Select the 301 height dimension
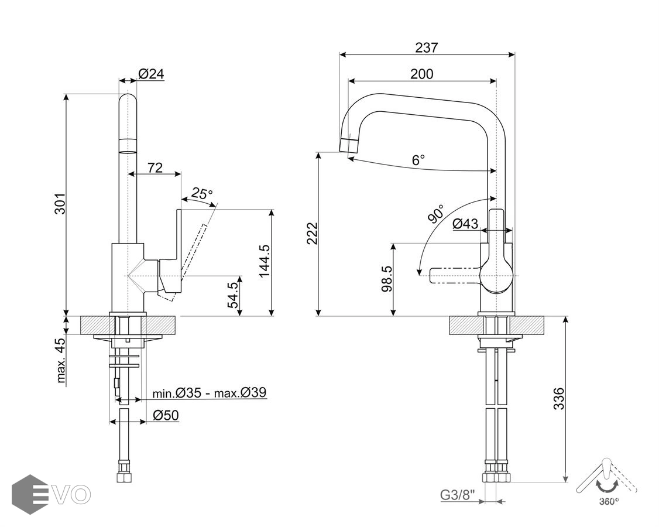point(60,203)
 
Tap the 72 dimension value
point(155,167)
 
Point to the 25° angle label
point(202,193)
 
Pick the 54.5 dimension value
point(232,295)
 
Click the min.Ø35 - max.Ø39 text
point(210,392)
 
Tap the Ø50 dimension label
point(166,415)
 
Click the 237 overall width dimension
point(426,47)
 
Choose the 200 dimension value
point(421,74)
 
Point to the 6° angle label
point(418,160)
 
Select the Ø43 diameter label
point(465,223)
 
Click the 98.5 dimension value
point(386,279)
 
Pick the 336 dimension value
point(559,399)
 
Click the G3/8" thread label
point(458,495)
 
